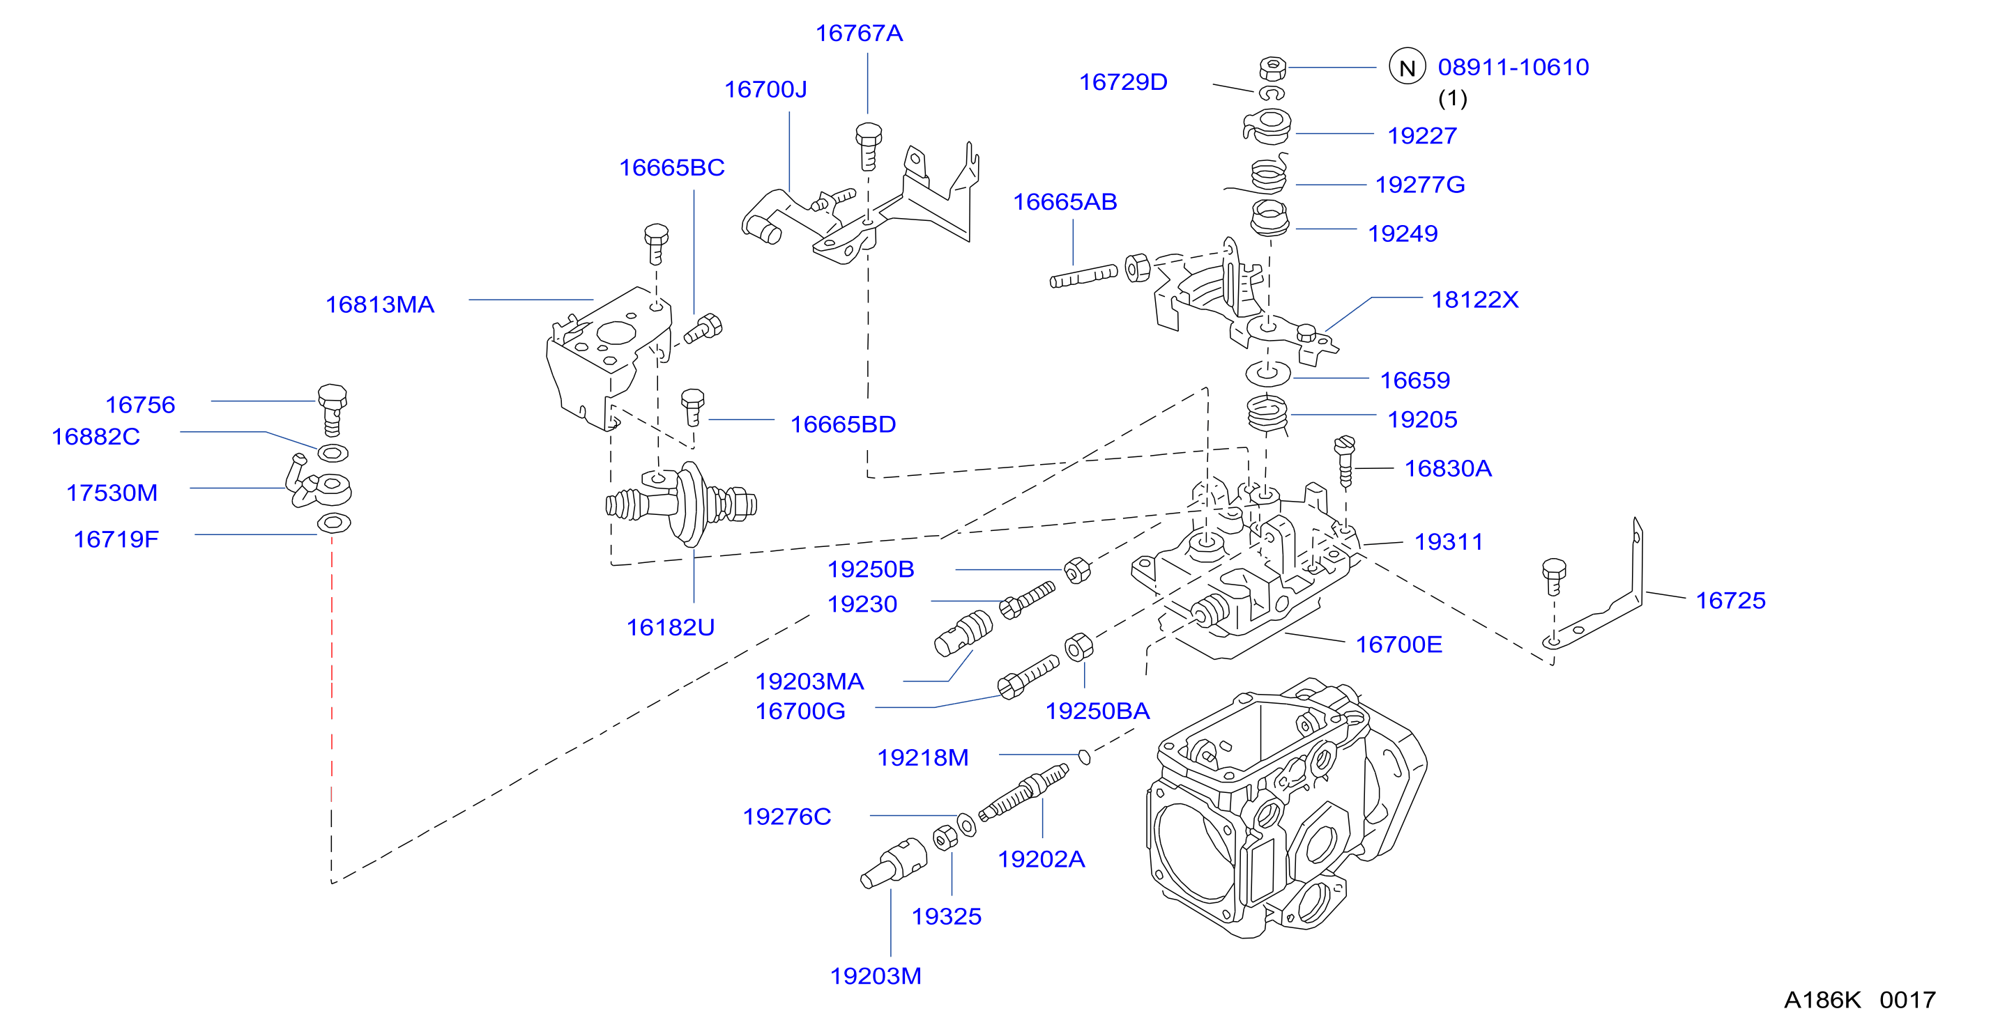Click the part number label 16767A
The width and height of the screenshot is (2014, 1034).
point(860,33)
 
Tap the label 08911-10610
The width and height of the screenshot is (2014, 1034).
point(1513,67)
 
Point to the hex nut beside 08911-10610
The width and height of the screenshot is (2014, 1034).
point(1273,68)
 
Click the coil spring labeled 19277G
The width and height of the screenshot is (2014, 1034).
point(1267,176)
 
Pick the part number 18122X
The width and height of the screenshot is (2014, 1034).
point(1474,300)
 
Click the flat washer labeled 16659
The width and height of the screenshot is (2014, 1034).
point(1268,373)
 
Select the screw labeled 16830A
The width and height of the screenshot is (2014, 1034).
point(1345,461)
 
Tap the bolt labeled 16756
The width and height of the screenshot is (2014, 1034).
point(333,409)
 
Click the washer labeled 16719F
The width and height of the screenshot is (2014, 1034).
point(334,523)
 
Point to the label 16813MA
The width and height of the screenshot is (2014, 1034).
point(380,304)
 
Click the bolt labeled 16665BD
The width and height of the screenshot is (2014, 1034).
point(693,407)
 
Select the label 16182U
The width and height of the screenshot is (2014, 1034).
point(671,628)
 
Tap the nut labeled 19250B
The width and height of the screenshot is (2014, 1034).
point(1077,571)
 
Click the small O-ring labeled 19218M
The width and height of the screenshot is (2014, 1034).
point(1085,756)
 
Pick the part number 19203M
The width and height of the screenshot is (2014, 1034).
point(876,976)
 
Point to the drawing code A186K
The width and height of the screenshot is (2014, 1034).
point(1822,1000)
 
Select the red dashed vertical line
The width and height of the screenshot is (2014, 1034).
point(332,669)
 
